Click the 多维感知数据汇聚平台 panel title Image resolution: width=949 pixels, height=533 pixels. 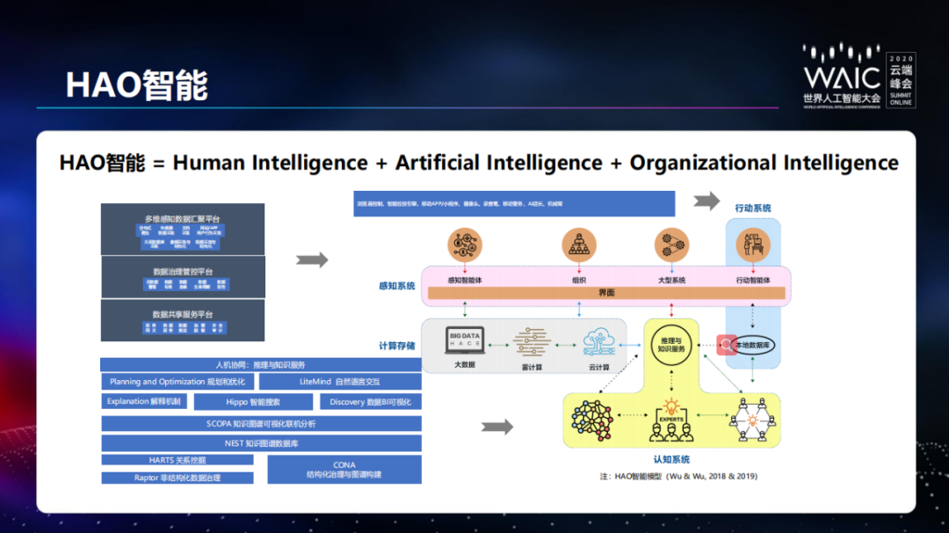point(183,217)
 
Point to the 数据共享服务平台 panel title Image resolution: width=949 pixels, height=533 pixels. point(183,314)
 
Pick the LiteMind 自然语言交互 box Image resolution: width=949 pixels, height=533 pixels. point(340,382)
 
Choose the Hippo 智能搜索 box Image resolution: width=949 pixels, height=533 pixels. point(253,401)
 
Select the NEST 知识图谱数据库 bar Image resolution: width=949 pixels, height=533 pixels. point(261,443)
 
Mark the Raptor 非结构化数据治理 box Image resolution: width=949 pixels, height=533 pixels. point(177,478)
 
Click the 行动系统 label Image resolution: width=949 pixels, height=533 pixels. point(753,208)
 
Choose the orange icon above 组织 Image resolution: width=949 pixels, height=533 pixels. point(579,245)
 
